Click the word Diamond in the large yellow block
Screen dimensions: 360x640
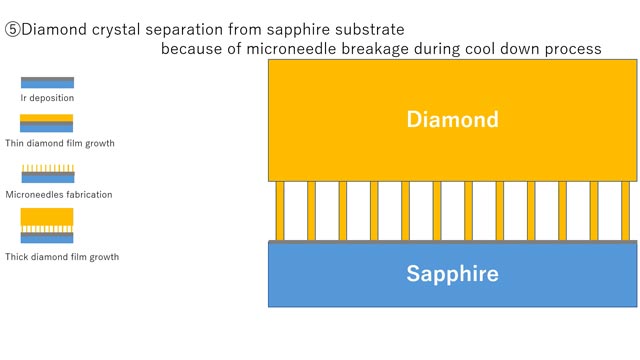tap(452, 120)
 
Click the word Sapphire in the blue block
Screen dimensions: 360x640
tap(452, 273)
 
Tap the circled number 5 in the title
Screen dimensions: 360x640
tap(13, 29)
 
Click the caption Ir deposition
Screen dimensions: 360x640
tap(47, 98)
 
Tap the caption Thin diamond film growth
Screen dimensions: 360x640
tap(60, 143)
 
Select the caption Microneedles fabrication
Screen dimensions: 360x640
tap(59, 194)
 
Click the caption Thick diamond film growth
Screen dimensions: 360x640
tap(62, 257)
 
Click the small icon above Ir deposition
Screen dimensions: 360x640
tap(47, 83)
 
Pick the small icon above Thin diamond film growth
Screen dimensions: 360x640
tap(47, 124)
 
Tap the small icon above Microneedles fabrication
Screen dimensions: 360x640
tap(47, 174)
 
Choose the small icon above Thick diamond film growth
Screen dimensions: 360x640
tap(47, 226)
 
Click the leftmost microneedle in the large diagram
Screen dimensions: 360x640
tap(280, 211)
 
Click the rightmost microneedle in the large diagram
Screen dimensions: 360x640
tap(625, 211)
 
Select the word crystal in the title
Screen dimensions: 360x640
tap(114, 29)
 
